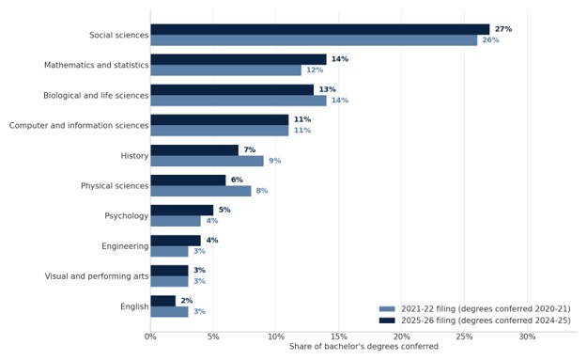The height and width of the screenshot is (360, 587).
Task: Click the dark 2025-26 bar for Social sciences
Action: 320,29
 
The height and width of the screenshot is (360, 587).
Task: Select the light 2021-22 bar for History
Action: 207,161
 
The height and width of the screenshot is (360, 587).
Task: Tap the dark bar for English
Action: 163,301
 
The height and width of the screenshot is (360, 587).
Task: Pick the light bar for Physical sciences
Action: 201,191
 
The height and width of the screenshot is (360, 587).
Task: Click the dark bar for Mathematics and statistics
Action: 239,59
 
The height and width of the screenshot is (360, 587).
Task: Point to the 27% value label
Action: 503,29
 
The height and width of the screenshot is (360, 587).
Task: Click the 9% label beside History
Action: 275,161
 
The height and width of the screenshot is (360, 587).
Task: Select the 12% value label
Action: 315,70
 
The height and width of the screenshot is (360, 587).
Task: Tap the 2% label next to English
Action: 187,301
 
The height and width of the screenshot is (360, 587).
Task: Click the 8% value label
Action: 262,191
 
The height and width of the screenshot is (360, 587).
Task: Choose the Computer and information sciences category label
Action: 79,126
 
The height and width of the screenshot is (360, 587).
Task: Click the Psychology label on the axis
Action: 127,216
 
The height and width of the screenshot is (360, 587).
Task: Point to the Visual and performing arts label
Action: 97,276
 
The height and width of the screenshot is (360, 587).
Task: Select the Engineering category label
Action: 125,246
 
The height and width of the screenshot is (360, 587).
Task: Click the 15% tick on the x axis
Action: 339,337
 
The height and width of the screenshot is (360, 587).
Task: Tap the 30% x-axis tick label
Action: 527,337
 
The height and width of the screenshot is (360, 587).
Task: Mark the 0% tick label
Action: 150,337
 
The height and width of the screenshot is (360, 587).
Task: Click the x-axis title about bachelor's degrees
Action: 363,347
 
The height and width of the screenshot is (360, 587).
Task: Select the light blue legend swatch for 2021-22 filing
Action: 387,309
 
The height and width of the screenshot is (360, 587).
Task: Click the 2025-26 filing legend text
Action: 486,321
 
